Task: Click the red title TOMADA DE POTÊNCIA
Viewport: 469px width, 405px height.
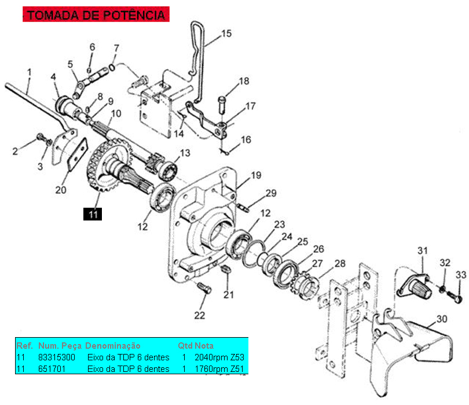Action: pyautogui.click(x=96, y=15)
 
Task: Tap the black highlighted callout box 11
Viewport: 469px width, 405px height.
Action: pyautogui.click(x=93, y=214)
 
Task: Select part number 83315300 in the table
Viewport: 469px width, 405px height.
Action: pyautogui.click(x=57, y=357)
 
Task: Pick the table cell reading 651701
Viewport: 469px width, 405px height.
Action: pyautogui.click(x=52, y=368)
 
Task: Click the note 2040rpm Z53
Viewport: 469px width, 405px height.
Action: pyautogui.click(x=219, y=357)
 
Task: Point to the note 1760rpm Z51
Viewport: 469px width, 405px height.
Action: pyautogui.click(x=219, y=368)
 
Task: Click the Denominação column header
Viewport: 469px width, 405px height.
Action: pyautogui.click(x=113, y=346)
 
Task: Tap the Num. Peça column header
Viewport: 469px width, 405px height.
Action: pyautogui.click(x=60, y=346)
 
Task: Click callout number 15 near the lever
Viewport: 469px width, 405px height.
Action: pyautogui.click(x=226, y=33)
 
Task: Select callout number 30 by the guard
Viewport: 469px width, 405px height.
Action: pyautogui.click(x=442, y=319)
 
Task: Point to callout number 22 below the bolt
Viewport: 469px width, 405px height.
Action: pyautogui.click(x=200, y=316)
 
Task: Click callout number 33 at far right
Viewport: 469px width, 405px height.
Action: pyautogui.click(x=461, y=274)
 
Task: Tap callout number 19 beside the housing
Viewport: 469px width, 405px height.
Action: pyautogui.click(x=256, y=175)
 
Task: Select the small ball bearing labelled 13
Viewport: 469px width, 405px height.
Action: pyautogui.click(x=167, y=171)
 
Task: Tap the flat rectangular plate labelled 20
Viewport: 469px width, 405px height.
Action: pyautogui.click(x=78, y=154)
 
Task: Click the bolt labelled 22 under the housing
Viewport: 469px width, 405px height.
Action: pyautogui.click(x=204, y=288)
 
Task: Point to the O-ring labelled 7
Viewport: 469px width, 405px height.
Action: pyautogui.click(x=112, y=67)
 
